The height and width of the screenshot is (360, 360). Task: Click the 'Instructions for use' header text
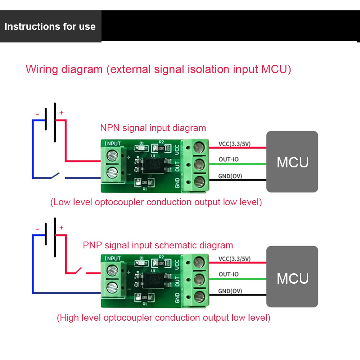(x=50, y=27)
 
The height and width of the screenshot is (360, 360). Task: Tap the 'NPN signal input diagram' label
(x=153, y=128)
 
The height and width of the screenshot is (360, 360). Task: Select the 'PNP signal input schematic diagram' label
(x=158, y=246)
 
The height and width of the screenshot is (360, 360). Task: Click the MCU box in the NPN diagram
(x=292, y=162)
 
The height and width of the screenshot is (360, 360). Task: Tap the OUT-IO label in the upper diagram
(x=229, y=159)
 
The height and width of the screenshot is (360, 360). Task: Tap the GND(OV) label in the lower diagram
(x=230, y=291)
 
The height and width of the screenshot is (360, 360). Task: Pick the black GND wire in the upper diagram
(x=238, y=180)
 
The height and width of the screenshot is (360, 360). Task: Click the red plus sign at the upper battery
(x=61, y=113)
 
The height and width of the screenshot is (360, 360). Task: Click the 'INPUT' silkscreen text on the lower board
(x=113, y=258)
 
